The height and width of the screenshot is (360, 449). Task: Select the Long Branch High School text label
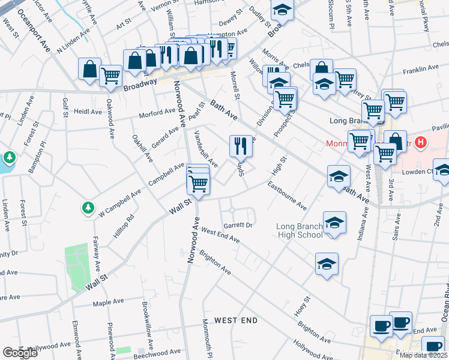coord(300,230)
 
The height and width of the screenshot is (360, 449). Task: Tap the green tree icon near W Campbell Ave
coord(88,208)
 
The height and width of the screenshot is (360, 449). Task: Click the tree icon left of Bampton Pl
coord(9,158)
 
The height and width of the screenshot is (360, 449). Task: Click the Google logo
coord(20,353)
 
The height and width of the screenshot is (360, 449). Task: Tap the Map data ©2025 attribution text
coord(423,355)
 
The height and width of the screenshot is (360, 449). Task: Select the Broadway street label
coord(140,85)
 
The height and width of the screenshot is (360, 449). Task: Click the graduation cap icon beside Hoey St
coord(327,263)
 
